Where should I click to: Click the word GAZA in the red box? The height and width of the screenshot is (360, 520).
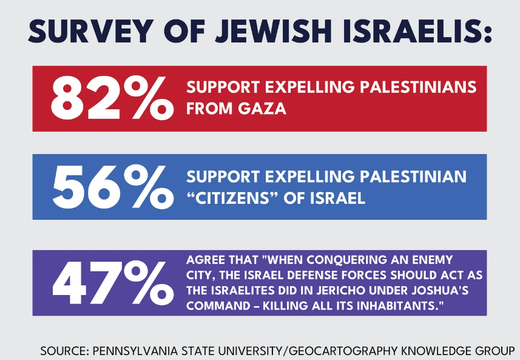tap(265, 110)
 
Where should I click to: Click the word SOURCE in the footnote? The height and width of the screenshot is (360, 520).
tap(63, 350)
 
